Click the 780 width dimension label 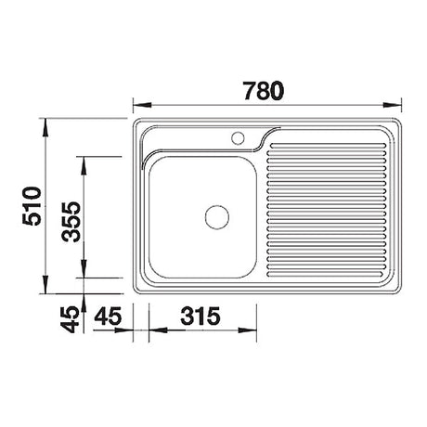coord(264,91)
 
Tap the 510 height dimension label coord(32,205)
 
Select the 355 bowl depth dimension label coord(71,222)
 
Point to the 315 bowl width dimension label coord(201,316)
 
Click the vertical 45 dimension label coord(70,319)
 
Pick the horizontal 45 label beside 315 coord(108,316)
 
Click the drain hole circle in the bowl coord(217,217)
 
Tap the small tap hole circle coord(238,137)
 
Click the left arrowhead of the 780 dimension coord(142,105)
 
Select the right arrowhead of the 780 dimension coord(392,105)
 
